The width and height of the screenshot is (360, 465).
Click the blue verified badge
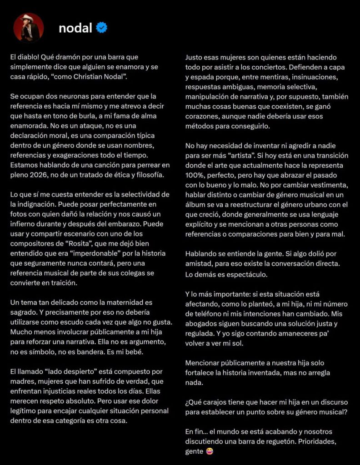click(101, 28)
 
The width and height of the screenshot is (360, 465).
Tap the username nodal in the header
click(75, 28)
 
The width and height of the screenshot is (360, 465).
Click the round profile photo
click(29, 27)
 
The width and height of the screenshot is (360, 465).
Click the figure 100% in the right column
click(194, 174)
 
